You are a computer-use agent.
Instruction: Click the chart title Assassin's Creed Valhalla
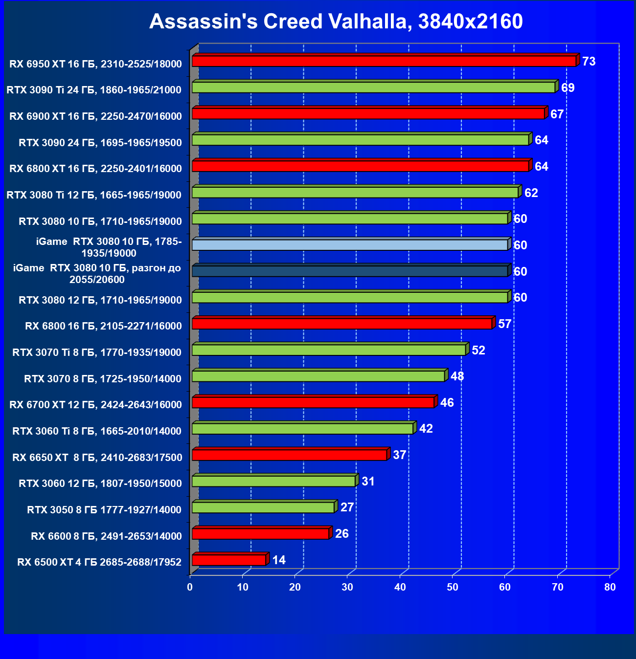point(336,22)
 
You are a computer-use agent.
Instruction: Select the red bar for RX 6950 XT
point(384,61)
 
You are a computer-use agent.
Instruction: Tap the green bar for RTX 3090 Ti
point(373,88)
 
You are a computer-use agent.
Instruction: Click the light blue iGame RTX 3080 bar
point(350,244)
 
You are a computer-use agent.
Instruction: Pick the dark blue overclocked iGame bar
point(350,271)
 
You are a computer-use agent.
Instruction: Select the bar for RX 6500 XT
point(229,560)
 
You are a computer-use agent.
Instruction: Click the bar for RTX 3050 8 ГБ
point(263,507)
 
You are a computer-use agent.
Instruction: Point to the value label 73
point(589,62)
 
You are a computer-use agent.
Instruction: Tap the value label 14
point(279,560)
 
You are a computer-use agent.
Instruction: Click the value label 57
point(504,324)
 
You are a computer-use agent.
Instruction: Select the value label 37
point(399,455)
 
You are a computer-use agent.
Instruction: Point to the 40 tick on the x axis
point(400,587)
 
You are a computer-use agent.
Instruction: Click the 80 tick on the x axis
point(610,587)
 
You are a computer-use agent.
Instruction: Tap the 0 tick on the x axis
point(190,587)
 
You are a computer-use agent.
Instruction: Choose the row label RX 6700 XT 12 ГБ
point(96,405)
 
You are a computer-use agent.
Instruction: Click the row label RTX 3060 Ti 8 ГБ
point(97,431)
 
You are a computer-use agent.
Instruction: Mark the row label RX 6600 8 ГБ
point(106,536)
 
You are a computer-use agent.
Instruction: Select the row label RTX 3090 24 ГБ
point(100,143)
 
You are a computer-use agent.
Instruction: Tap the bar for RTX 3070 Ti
point(329,350)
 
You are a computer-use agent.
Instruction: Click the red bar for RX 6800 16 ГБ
point(342,324)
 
